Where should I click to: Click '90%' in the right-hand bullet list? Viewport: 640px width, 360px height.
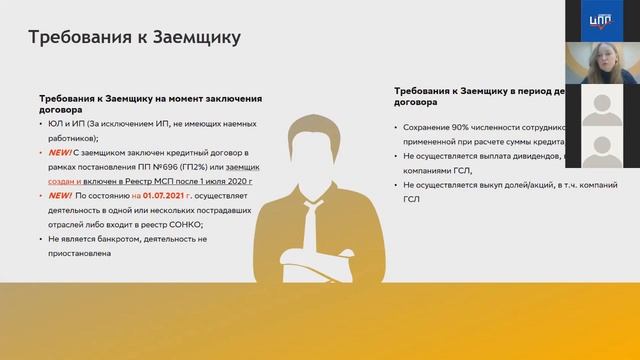459,128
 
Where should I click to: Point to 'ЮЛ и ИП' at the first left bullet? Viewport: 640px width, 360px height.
64,123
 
